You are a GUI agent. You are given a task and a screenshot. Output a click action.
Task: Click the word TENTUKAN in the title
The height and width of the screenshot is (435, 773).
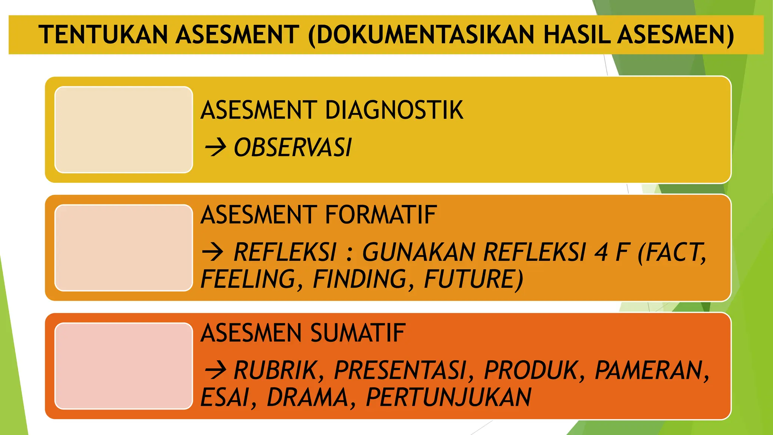click(x=103, y=35)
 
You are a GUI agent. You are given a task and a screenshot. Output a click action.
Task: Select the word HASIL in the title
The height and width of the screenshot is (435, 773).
click(x=577, y=35)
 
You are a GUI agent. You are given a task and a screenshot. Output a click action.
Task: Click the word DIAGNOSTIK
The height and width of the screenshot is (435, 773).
click(x=394, y=110)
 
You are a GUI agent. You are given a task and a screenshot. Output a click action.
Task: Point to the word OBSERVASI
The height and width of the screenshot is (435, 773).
click(x=293, y=147)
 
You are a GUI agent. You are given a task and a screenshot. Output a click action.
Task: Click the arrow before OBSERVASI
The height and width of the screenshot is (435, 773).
click(x=215, y=147)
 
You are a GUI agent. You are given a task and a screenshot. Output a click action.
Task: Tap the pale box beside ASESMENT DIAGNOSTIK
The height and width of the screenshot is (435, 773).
click(x=124, y=130)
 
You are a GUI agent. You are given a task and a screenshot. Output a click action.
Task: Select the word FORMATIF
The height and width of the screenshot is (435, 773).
click(x=380, y=215)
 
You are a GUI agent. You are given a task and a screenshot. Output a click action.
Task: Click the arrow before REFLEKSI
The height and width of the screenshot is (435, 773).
click(x=213, y=252)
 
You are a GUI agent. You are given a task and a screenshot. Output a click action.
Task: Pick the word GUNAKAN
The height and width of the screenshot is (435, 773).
click(x=418, y=252)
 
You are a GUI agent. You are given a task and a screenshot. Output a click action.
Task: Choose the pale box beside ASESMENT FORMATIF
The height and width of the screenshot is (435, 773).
click(x=124, y=248)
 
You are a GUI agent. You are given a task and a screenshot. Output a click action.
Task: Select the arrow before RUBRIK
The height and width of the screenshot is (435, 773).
click(x=215, y=370)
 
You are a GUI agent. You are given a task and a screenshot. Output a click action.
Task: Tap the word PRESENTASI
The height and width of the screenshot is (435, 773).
click(x=400, y=370)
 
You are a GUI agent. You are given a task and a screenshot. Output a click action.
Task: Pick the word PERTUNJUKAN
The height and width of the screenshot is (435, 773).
click(x=448, y=397)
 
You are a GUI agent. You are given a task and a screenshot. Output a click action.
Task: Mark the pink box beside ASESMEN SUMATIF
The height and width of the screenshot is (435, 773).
click(x=124, y=366)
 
